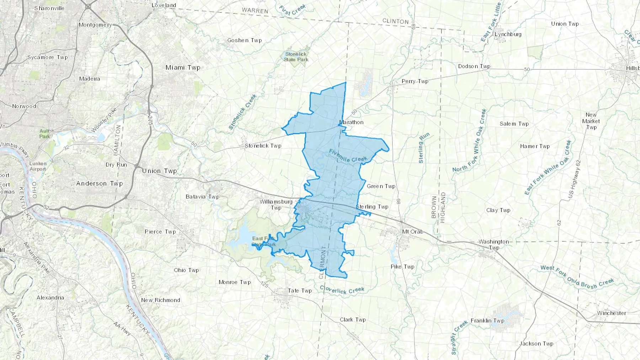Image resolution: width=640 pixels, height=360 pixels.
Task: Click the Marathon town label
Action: pyautogui.click(x=351, y=122)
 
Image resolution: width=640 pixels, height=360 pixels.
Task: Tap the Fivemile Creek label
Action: pyautogui.click(x=347, y=156)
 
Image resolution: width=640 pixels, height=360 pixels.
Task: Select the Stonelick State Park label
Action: pyautogui.click(x=296, y=57)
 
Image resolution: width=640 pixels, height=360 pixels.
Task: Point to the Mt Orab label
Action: pyautogui.click(x=412, y=232)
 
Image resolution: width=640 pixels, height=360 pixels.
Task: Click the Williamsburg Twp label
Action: pyautogui.click(x=276, y=205)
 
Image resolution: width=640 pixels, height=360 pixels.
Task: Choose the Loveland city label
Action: pyautogui.click(x=164, y=5)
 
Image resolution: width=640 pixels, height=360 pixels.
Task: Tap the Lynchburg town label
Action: pyautogui.click(x=508, y=34)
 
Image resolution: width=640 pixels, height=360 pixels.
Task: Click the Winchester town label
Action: pyautogui.click(x=612, y=313)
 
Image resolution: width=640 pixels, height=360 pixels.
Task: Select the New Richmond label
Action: pyautogui.click(x=160, y=300)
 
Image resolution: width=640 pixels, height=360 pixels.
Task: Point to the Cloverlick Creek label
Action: pyautogui.click(x=342, y=290)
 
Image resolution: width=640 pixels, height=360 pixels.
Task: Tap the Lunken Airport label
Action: pyautogui.click(x=38, y=166)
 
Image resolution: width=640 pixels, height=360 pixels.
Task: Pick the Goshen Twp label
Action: pyautogui.click(x=245, y=41)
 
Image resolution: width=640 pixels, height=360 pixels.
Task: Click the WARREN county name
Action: pyautogui.click(x=255, y=11)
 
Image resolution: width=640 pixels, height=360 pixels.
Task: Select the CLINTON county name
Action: pyautogui.click(x=395, y=21)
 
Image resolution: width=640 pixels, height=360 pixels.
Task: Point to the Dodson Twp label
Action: pyautogui.click(x=474, y=66)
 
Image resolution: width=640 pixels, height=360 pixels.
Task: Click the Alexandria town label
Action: pyautogui.click(x=50, y=297)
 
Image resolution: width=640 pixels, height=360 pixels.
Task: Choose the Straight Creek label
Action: pyautogui.click(x=459, y=338)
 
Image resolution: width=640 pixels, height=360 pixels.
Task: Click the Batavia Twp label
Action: pyautogui.click(x=202, y=197)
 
